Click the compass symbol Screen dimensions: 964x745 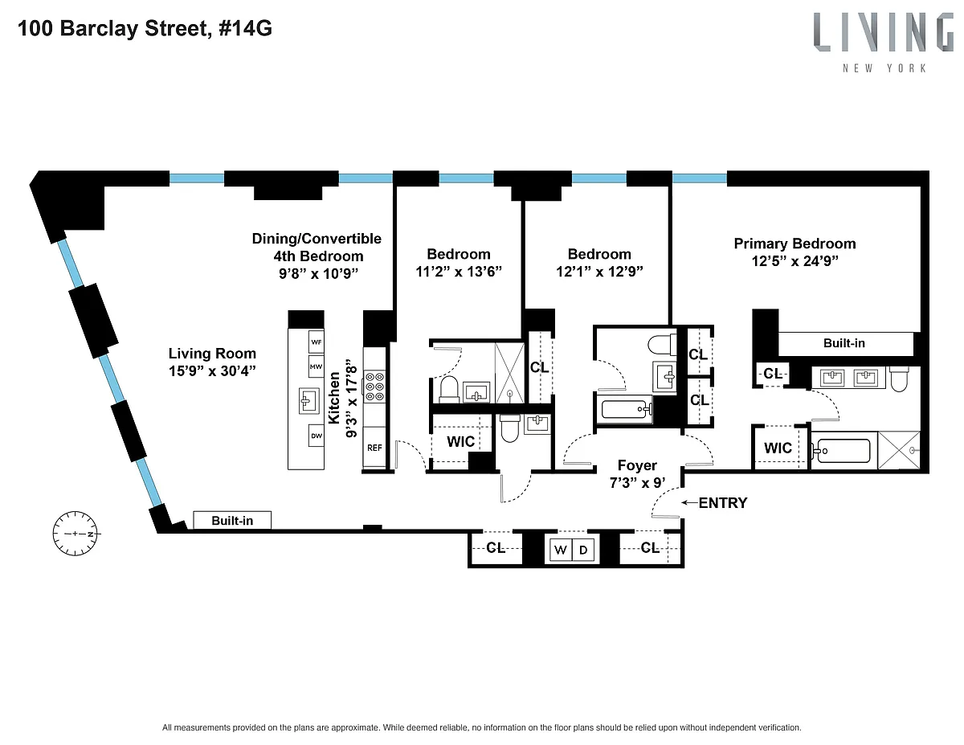coord(76,534)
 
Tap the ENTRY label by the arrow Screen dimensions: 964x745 coord(723,503)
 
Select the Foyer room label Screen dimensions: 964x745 coord(637,465)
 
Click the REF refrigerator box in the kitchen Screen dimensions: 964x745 coord(374,448)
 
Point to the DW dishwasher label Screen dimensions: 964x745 coord(317,436)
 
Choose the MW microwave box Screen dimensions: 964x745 coord(317,366)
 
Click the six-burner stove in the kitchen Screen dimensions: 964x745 coord(374,387)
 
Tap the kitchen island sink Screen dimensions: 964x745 coord(308,401)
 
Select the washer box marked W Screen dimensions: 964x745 coord(560,551)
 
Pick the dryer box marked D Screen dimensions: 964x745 coord(583,551)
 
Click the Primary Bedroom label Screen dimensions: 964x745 coord(794,244)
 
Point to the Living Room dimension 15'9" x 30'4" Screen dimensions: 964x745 coord(212,370)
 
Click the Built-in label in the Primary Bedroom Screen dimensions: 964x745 coord(843,343)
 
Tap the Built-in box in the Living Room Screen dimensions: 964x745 coord(232,520)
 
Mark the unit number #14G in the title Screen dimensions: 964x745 coord(245,28)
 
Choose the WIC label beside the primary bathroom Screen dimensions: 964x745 coord(778,448)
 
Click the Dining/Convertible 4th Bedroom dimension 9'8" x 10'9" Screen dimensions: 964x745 coord(318,273)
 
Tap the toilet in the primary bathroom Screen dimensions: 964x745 coord(899,379)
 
